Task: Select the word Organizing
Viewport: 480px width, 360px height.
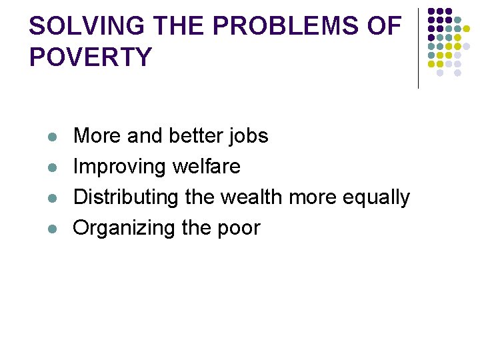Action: (x=124, y=228)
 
